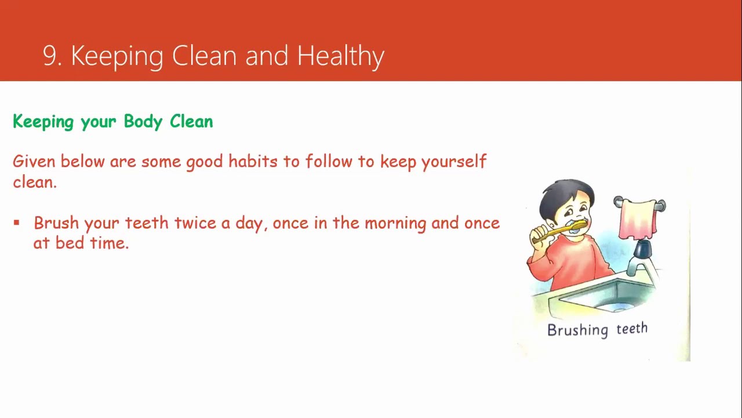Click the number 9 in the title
tap(51, 56)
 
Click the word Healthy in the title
tap(340, 56)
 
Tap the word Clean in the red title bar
tap(204, 56)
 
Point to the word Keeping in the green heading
tap(43, 121)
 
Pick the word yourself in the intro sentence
tap(453, 161)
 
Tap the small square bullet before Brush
tap(16, 222)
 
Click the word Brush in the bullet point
tap(56, 223)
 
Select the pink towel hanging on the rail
tap(638, 219)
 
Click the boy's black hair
tap(562, 192)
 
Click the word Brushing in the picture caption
tap(577, 330)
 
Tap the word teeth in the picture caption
tap(631, 329)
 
